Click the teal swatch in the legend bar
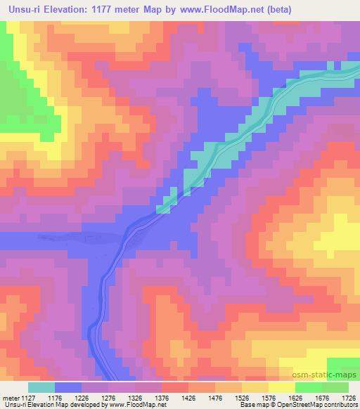tap(41, 387)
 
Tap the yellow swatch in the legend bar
tap(281, 387)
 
